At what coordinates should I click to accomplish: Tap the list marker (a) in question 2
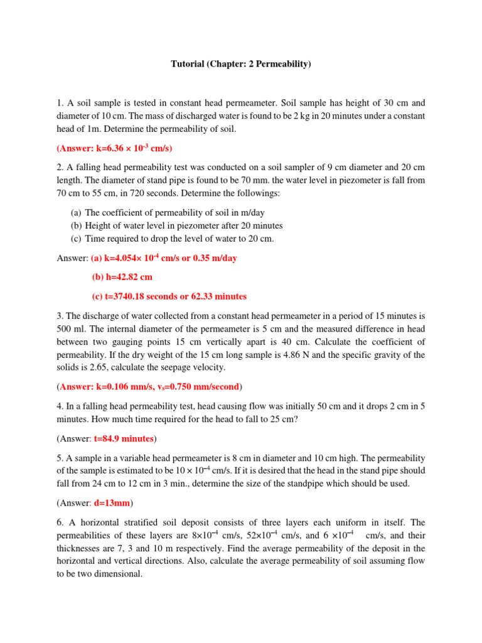click(x=76, y=213)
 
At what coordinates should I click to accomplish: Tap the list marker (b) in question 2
click(x=76, y=226)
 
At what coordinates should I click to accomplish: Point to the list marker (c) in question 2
click(x=76, y=239)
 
